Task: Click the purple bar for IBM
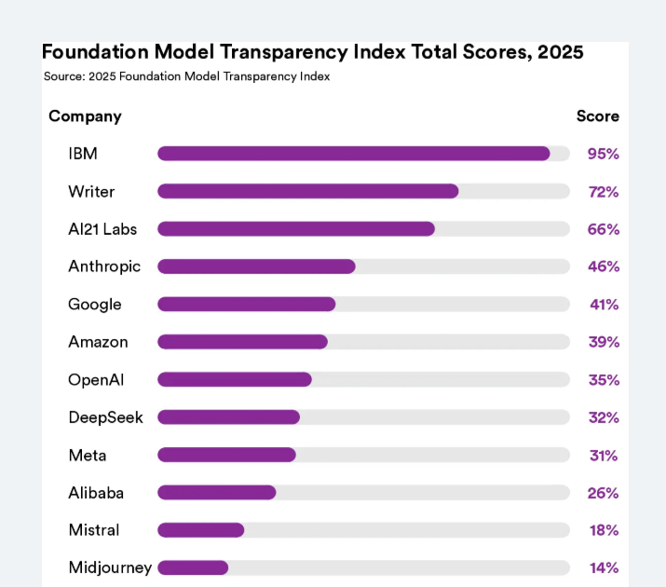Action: click(x=354, y=154)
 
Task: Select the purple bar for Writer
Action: click(x=308, y=191)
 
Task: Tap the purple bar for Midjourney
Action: click(x=193, y=567)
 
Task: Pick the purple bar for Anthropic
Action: click(x=256, y=266)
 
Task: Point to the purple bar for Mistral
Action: click(x=201, y=530)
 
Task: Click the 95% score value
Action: click(x=603, y=154)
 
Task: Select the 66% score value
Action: click(x=603, y=229)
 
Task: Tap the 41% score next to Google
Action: click(x=603, y=305)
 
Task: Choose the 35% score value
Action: click(x=603, y=380)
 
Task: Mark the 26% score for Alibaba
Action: click(x=603, y=493)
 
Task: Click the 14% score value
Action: click(x=603, y=567)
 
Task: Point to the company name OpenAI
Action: click(x=96, y=379)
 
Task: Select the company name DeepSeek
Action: click(x=105, y=417)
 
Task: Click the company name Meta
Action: click(x=88, y=455)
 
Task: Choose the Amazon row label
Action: click(x=98, y=342)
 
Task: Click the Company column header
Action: click(x=85, y=116)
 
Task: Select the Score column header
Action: click(x=597, y=116)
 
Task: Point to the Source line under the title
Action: click(x=186, y=76)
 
